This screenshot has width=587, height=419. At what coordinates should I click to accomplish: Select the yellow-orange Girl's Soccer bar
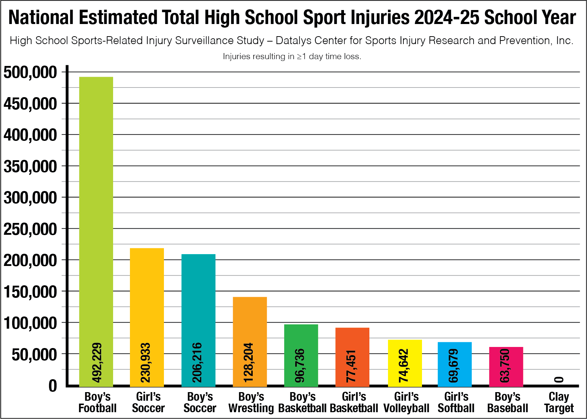coord(147,294)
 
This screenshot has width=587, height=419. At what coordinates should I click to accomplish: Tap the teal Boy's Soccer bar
coord(198,297)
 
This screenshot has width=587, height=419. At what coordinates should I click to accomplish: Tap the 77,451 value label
coord(351,366)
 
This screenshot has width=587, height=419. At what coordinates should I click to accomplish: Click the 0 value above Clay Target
coord(559,380)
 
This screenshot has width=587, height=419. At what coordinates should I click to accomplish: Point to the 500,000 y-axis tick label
coord(30,72)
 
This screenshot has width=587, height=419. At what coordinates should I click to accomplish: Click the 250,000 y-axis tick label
coord(30,229)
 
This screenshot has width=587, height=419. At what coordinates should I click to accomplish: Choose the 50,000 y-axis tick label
coord(34,354)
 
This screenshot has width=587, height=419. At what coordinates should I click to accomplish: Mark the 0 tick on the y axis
coord(53,386)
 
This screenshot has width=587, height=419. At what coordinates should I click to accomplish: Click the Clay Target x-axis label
coord(559,403)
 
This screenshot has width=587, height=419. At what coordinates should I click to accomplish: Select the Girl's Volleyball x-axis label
coord(406,403)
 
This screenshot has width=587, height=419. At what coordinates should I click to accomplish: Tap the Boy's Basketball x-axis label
coord(302,403)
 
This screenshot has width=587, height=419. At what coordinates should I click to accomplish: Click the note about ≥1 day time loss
coord(292,56)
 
